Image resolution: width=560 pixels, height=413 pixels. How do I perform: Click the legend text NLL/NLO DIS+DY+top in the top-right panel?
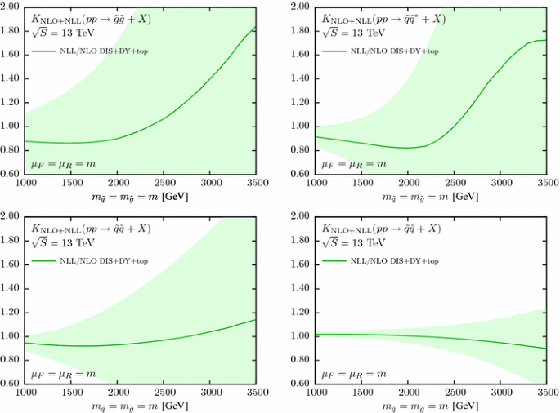[395, 51]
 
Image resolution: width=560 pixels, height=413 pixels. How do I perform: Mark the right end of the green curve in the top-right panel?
[545, 41]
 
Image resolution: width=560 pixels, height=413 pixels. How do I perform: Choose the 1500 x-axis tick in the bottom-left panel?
[71, 393]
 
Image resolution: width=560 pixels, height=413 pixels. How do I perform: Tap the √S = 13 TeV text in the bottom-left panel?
[60, 242]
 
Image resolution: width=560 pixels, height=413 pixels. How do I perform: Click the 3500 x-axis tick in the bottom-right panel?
[544, 393]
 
